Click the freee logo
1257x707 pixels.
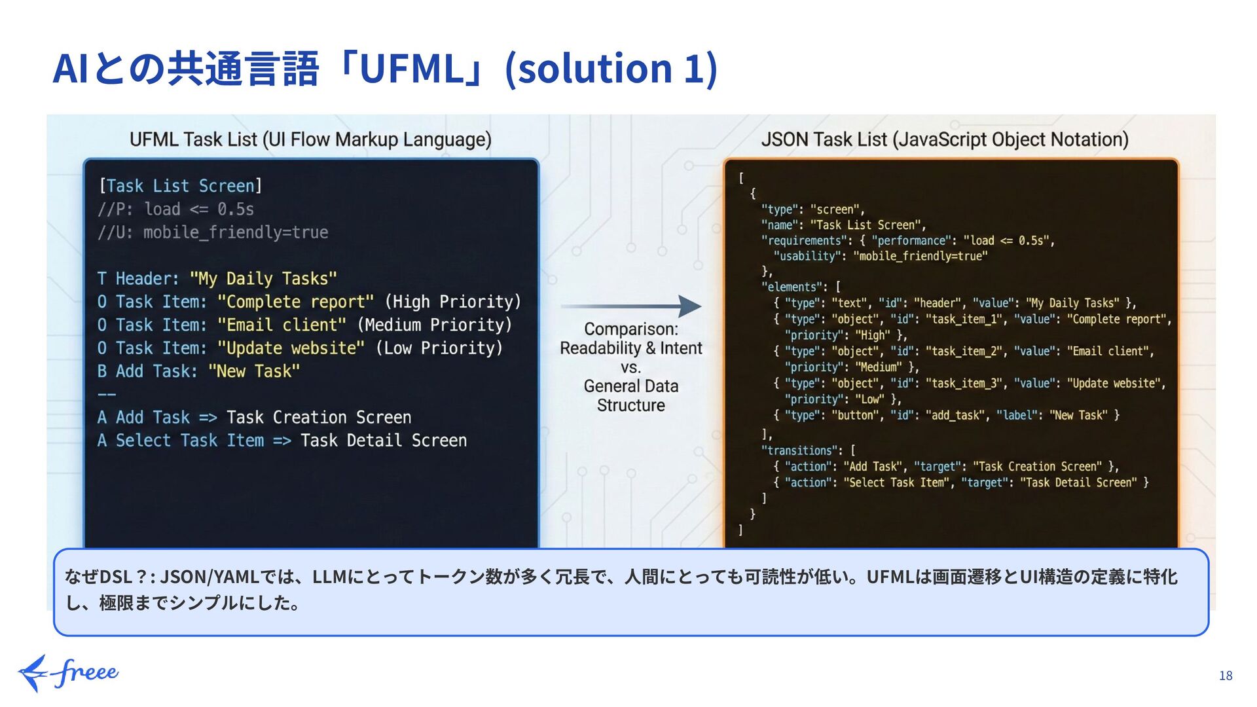(x=68, y=672)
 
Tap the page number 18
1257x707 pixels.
(x=1226, y=676)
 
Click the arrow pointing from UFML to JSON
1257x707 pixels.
(x=631, y=306)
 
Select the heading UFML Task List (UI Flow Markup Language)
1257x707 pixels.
(x=310, y=139)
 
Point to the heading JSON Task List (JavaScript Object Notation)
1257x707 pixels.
(x=944, y=139)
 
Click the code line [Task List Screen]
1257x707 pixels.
(x=180, y=186)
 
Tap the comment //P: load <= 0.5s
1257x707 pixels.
(x=175, y=209)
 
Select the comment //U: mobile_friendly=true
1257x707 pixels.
(x=213, y=232)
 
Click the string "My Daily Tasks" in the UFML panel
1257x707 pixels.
(x=263, y=279)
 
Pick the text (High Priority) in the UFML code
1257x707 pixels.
(x=452, y=302)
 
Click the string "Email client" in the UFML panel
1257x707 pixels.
(x=282, y=325)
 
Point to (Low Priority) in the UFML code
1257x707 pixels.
(x=439, y=348)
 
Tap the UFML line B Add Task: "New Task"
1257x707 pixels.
(x=198, y=371)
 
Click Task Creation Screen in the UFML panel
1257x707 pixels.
(x=319, y=418)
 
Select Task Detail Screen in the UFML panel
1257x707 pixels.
(x=384, y=441)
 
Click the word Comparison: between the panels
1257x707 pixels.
(x=631, y=329)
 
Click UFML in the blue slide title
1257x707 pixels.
(x=411, y=69)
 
